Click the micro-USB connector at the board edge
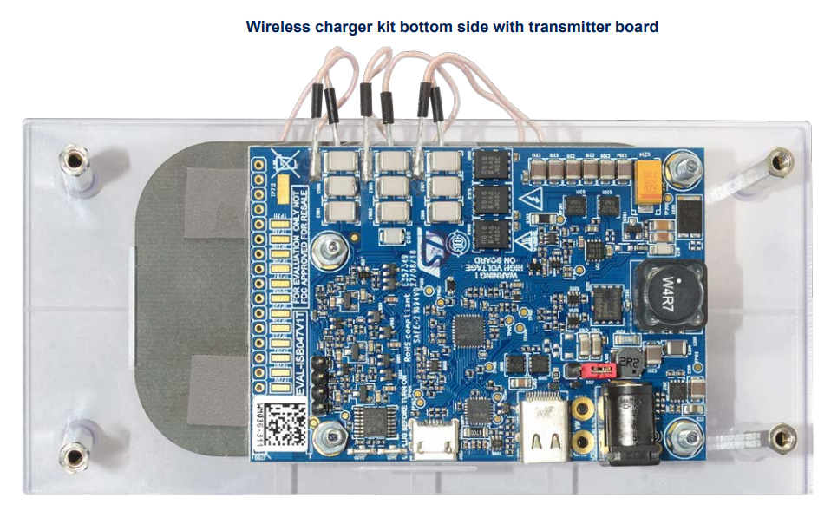pos(435,442)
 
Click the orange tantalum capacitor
pos(650,183)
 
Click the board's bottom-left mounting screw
pos(328,436)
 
